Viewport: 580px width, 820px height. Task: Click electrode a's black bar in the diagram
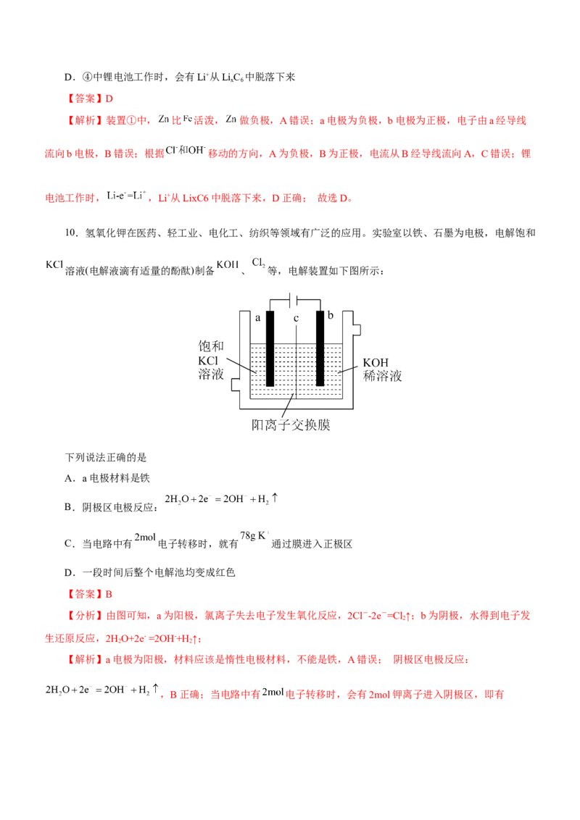coord(270,348)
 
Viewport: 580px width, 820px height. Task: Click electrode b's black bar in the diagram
coord(320,348)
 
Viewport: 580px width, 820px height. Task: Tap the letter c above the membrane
coord(296,318)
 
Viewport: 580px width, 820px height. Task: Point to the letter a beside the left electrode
coord(257,318)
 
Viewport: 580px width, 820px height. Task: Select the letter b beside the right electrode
coord(331,315)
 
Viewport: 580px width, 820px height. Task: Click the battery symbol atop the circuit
coord(294,300)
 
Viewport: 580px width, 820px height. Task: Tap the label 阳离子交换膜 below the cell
coord(291,424)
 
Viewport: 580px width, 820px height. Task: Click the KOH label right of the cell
coord(376,362)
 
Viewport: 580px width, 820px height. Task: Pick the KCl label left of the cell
coord(208,361)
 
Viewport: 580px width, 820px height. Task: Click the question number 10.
coord(71,233)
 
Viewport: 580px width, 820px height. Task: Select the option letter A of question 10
coord(70,478)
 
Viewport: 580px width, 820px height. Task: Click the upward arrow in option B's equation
coord(275,498)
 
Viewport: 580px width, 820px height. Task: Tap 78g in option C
coord(247,535)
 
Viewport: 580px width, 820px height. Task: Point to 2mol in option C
coord(145,537)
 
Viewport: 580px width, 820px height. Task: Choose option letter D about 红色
coord(70,573)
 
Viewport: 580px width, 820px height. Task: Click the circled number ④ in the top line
coord(88,78)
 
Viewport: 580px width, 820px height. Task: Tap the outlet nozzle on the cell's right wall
coord(357,330)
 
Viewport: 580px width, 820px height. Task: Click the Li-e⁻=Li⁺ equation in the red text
coord(126,196)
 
